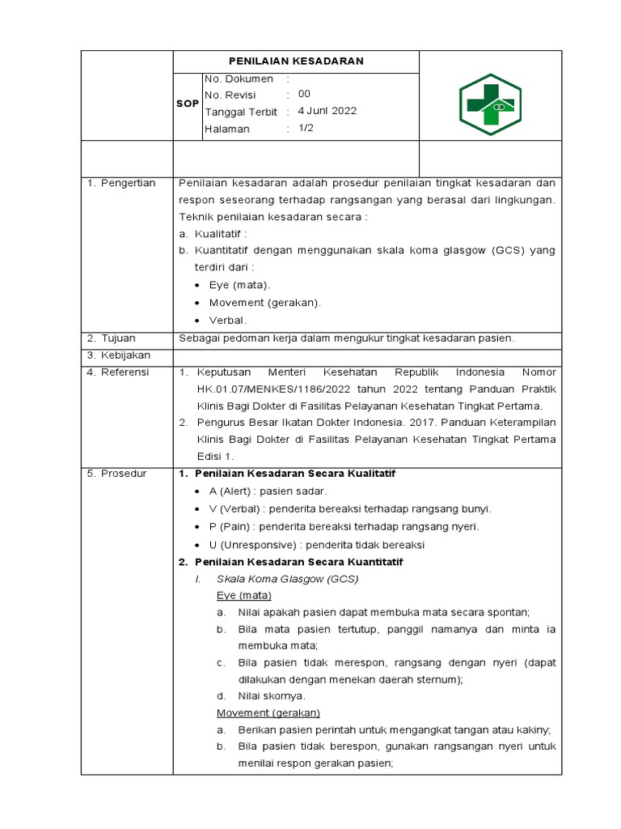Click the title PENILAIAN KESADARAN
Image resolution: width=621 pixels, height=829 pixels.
[x=296, y=61]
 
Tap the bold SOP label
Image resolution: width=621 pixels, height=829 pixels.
[x=188, y=104]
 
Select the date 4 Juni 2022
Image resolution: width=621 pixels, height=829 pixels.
[x=327, y=112]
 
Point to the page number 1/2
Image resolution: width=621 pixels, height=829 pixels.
[x=307, y=129]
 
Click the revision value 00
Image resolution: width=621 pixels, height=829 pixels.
[x=304, y=95]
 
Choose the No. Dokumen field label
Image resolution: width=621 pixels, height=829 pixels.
[x=239, y=79]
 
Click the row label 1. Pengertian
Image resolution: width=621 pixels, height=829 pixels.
[x=122, y=184]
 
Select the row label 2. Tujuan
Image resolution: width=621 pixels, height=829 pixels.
[x=112, y=338]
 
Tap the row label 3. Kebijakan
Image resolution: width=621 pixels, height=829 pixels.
[x=119, y=355]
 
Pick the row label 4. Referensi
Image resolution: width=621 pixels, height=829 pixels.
[x=119, y=372]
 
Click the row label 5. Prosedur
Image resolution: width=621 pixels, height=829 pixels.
[x=117, y=473]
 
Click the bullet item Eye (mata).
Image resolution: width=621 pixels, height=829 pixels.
[x=240, y=285]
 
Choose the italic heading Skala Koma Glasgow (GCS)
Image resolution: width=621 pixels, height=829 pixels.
[x=287, y=579]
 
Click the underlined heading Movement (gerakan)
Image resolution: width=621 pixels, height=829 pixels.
[x=268, y=712]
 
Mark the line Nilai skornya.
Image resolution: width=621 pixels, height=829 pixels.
[x=272, y=695]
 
